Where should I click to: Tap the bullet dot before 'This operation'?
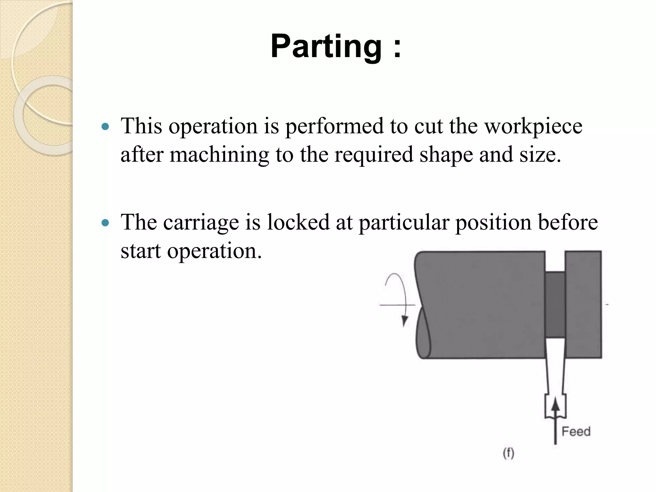tap(105, 127)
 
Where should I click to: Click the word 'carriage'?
tap(201, 222)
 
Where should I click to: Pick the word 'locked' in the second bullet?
tap(298, 222)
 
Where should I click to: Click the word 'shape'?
tap(446, 155)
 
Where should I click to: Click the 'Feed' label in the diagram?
tap(576, 431)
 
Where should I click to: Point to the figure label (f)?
tap(508, 453)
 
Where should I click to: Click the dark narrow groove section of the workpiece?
tap(555, 304)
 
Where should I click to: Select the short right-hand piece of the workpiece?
tap(583, 304)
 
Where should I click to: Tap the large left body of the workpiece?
tap(480, 304)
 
